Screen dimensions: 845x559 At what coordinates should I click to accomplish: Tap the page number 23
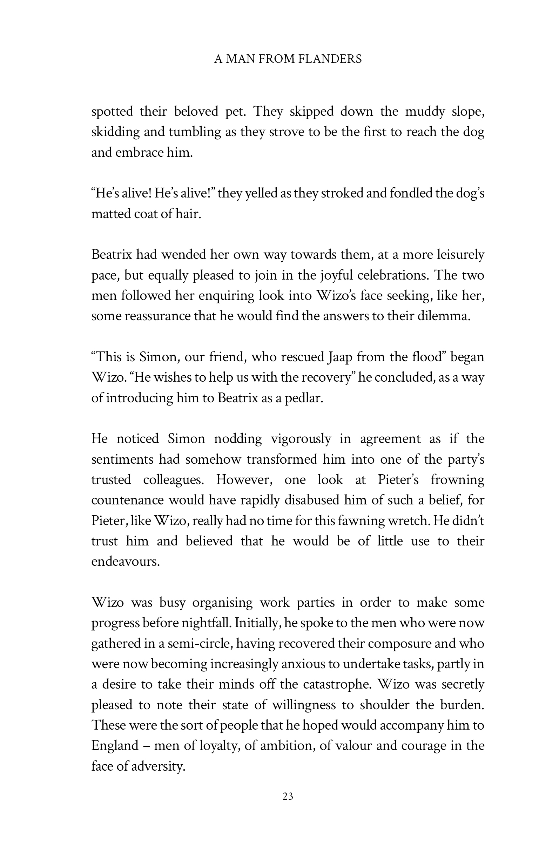click(x=288, y=797)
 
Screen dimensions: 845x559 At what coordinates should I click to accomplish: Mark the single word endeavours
click(x=125, y=562)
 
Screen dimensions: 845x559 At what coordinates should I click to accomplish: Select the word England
click(x=115, y=746)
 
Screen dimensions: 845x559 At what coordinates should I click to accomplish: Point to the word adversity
click(x=158, y=766)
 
